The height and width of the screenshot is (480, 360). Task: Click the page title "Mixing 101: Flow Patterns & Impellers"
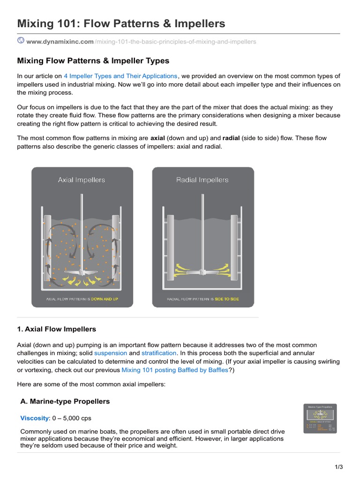point(121,23)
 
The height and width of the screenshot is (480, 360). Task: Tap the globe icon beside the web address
point(21,41)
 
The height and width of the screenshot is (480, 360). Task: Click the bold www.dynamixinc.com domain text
point(60,42)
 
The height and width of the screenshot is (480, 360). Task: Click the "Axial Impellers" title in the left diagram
point(82,180)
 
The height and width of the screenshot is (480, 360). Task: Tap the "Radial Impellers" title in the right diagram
point(202,180)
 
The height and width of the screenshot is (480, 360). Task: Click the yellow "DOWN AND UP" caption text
point(105,299)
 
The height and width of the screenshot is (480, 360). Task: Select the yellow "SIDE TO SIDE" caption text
point(227,299)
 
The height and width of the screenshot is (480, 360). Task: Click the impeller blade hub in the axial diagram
point(82,272)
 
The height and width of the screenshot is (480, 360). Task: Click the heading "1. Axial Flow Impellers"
point(56,330)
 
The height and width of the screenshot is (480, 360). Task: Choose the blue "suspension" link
point(111,352)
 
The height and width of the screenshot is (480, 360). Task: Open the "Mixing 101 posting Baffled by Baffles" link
point(175,370)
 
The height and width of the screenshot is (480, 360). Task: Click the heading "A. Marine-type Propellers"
point(65,401)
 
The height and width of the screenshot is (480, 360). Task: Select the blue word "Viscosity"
point(35,418)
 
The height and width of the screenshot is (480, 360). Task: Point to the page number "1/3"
point(339,467)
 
